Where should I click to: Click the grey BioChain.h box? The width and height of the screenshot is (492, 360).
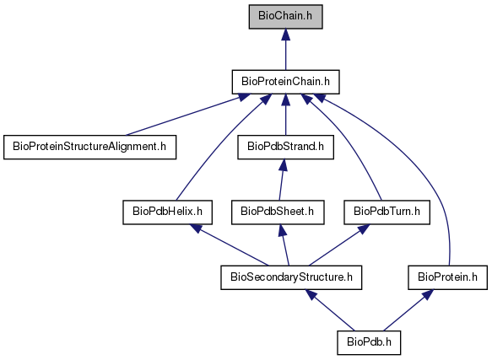pos(285,17)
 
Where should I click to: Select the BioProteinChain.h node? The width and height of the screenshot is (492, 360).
pos(285,82)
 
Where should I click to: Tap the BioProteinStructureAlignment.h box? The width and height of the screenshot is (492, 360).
pos(89,147)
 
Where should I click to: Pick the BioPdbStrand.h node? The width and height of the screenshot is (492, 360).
pos(285,147)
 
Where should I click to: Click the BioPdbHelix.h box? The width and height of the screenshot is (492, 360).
pos(168,212)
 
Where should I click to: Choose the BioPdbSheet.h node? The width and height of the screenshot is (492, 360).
pos(278,212)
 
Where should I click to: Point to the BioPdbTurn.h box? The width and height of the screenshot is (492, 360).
pos(387,212)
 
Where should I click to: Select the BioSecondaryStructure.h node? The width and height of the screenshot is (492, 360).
pos(291,277)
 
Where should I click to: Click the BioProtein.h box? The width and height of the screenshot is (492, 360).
pos(448,277)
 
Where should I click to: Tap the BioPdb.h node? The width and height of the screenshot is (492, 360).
pos(369,343)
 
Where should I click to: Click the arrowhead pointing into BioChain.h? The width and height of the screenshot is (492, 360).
pos(285,35)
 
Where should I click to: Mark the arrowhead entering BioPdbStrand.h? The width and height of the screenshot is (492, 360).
pos(284,164)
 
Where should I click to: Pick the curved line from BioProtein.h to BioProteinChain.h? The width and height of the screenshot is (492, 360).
pos(424,175)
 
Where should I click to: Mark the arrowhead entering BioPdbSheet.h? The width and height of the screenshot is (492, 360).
pos(283,230)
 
